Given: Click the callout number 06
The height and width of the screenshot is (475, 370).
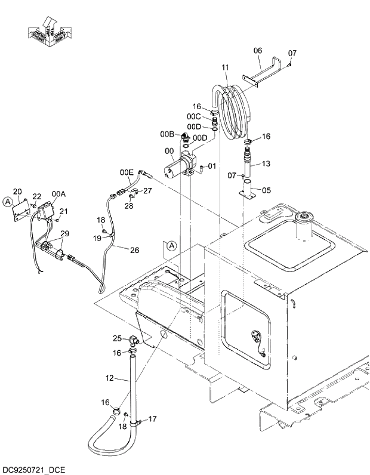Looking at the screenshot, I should coord(258,51).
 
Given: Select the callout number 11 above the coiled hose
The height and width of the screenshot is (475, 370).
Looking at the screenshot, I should coord(224,68).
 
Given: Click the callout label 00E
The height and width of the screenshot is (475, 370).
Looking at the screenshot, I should coord(127,172).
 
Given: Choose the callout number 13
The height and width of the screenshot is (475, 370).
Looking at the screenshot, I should coord(266,164).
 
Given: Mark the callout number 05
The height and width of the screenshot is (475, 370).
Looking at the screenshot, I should coord(266,191).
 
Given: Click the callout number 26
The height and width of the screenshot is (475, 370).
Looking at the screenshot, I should coord(134,250).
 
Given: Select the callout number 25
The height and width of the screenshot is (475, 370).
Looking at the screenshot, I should coord(118,338).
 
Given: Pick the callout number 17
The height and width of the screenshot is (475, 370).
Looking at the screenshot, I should coord(152,419).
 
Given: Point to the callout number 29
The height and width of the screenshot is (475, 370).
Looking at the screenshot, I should coord(64,233).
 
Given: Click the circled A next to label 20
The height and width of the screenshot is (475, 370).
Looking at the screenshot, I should coord(7,202).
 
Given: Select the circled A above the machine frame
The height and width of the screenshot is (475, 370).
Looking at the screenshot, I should coord(171,245).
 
